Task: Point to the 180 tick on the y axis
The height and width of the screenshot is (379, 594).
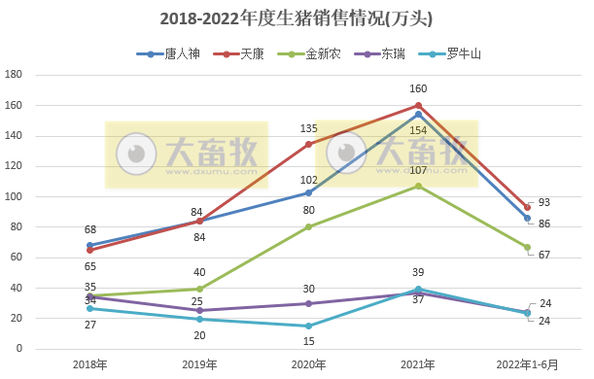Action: pyautogui.click(x=14, y=75)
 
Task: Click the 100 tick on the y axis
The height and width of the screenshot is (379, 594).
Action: pyautogui.click(x=14, y=196)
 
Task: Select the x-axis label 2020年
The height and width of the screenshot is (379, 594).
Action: pyautogui.click(x=309, y=363)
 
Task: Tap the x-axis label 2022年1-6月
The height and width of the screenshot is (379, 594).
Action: pyautogui.click(x=527, y=363)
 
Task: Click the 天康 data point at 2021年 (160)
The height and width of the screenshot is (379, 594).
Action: pyautogui.click(x=418, y=105)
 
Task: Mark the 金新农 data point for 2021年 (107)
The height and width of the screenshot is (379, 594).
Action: pyautogui.click(x=418, y=186)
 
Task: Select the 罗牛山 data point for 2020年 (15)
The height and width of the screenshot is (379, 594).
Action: pyautogui.click(x=309, y=326)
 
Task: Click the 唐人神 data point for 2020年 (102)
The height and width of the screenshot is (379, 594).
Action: pyautogui.click(x=309, y=192)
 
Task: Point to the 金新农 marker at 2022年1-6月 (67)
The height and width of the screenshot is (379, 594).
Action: pyautogui.click(x=527, y=247)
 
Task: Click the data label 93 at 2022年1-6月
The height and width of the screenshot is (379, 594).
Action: pyautogui.click(x=544, y=202)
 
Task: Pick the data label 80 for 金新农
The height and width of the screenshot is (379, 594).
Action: pyautogui.click(x=309, y=210)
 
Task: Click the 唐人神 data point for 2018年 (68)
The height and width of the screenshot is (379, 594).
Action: pyautogui.click(x=90, y=246)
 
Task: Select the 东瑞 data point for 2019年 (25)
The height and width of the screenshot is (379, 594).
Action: pyautogui.click(x=199, y=311)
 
